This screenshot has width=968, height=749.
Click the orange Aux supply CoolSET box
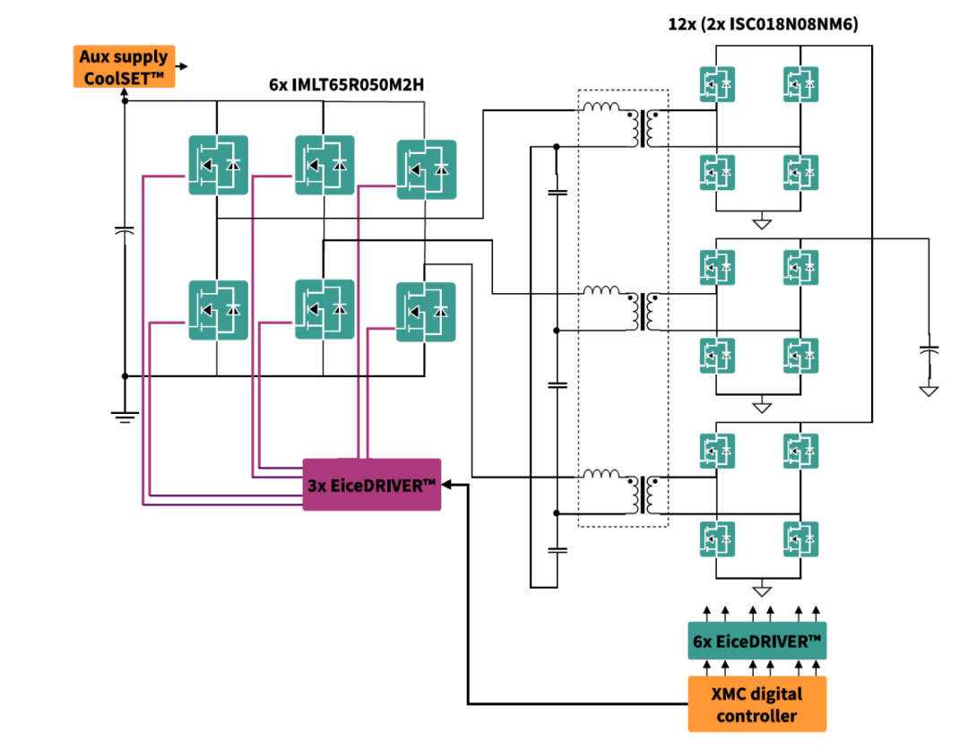click(123, 67)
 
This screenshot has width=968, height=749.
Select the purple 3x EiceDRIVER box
click(371, 485)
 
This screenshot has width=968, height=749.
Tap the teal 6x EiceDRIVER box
click(757, 641)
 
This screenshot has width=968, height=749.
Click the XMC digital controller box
click(757, 704)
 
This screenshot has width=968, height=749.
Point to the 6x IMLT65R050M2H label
click(346, 86)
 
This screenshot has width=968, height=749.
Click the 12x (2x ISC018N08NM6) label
click(763, 25)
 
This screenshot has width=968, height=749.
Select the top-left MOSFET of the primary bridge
click(218, 165)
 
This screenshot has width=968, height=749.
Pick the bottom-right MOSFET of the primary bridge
click(426, 311)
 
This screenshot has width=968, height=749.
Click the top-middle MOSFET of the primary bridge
click(324, 165)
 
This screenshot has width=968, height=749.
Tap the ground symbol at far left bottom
click(124, 414)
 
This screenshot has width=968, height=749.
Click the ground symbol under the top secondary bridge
click(762, 221)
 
